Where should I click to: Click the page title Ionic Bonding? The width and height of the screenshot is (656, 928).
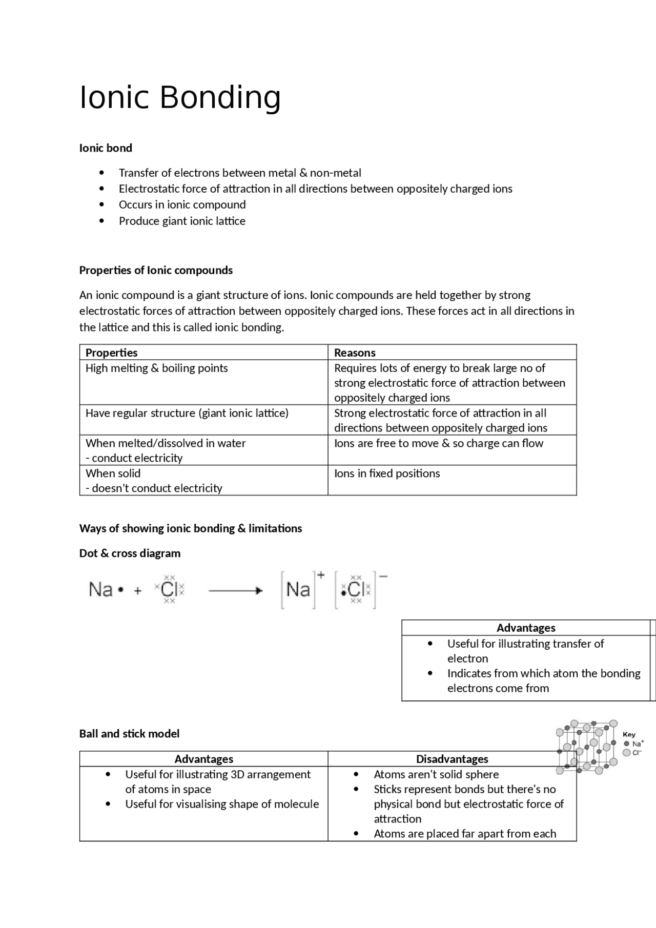pyautogui.click(x=180, y=97)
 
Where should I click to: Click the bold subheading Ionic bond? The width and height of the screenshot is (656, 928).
pyautogui.click(x=106, y=148)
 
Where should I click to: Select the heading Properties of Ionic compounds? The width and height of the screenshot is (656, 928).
pyautogui.click(x=156, y=270)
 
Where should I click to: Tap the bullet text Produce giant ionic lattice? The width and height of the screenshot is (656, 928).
pyautogui.click(x=182, y=221)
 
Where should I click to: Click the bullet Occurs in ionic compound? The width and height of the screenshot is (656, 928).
pyautogui.click(x=182, y=204)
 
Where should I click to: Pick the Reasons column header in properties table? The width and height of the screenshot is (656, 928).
pyautogui.click(x=355, y=353)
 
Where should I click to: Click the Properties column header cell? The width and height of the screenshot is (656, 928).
pyautogui.click(x=111, y=353)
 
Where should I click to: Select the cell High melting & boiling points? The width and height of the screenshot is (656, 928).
pyautogui.click(x=156, y=368)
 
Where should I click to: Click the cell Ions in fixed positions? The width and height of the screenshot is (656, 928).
pyautogui.click(x=387, y=473)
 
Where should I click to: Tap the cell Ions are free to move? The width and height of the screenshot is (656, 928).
pyautogui.click(x=438, y=443)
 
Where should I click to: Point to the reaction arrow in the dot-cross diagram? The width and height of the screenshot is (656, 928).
pyautogui.click(x=236, y=591)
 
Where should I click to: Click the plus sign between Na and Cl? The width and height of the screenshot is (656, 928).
pyautogui.click(x=138, y=591)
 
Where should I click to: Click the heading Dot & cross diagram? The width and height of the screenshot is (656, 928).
pyautogui.click(x=130, y=553)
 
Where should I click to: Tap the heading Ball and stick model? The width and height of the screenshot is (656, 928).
pyautogui.click(x=129, y=734)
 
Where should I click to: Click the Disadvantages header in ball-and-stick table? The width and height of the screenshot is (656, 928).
pyautogui.click(x=452, y=759)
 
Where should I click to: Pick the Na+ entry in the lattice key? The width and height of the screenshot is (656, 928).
pyautogui.click(x=634, y=744)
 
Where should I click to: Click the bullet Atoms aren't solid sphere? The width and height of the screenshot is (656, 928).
pyautogui.click(x=436, y=774)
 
